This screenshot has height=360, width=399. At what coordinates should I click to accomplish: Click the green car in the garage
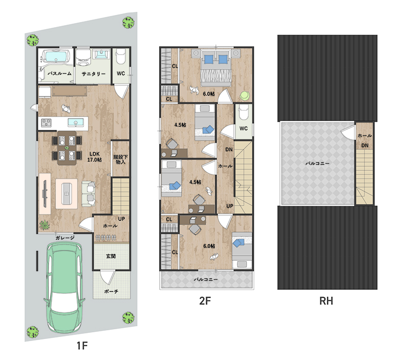click(64, 287)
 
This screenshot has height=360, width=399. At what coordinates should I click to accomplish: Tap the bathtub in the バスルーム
click(56, 56)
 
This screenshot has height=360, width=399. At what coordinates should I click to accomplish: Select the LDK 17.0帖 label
click(95, 156)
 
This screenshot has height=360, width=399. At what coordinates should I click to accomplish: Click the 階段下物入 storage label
click(120, 159)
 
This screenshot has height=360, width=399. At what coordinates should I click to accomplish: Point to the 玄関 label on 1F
click(111, 256)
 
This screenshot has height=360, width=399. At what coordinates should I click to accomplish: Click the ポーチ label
click(111, 291)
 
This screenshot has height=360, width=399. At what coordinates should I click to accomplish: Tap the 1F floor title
click(82, 346)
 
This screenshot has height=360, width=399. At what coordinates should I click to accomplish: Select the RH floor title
click(326, 301)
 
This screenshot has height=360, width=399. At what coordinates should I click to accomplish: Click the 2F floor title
click(205, 301)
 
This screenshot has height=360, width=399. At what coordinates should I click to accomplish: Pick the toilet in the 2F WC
click(243, 112)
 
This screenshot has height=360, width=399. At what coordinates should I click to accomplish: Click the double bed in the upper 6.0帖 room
click(216, 68)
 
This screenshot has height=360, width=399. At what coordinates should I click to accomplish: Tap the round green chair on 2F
click(245, 96)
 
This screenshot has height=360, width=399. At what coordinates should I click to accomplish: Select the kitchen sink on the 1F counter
click(76, 122)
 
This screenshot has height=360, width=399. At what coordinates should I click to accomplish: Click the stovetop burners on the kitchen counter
click(47, 123)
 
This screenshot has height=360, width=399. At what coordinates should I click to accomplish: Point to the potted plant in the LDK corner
click(45, 225)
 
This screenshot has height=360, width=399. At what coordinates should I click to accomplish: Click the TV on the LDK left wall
click(45, 194)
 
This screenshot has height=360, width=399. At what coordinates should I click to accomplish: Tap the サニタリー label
click(94, 74)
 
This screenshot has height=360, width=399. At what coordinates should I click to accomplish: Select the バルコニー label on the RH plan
click(317, 163)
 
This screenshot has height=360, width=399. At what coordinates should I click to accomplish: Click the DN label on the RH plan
click(365, 146)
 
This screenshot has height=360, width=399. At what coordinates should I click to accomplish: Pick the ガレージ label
click(65, 238)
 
